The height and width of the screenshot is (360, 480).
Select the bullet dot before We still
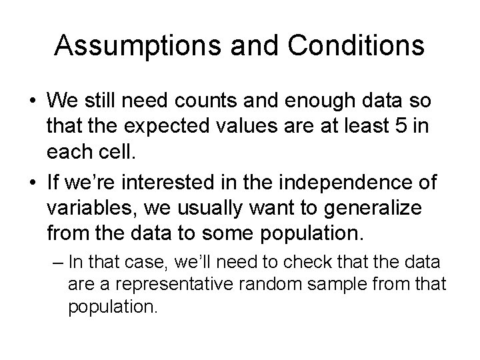[x=33, y=102]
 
